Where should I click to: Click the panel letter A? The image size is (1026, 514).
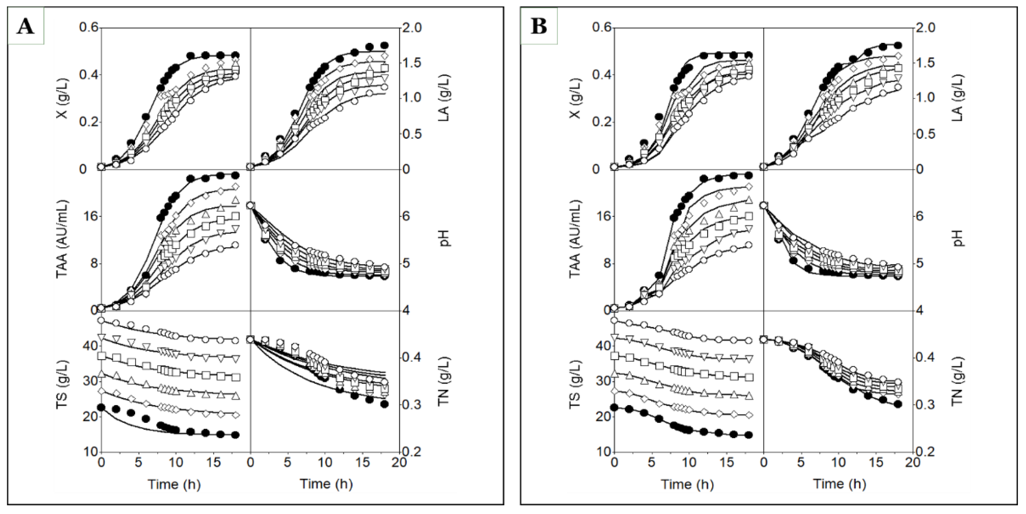click(x=26, y=27)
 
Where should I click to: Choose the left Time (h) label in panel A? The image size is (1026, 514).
click(x=174, y=484)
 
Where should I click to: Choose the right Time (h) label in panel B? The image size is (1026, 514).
click(x=839, y=484)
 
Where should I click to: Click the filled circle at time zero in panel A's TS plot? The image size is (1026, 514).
click(x=101, y=407)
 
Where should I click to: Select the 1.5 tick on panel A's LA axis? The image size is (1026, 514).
click(x=418, y=63)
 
